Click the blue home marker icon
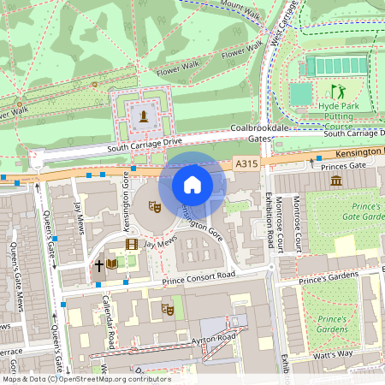click(192, 185)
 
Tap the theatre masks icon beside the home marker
click(155, 206)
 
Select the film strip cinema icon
click(131, 244)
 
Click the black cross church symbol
click(98, 265)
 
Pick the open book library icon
click(112, 265)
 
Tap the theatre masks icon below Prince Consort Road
click(168, 309)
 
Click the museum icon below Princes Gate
click(335, 181)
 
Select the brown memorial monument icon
click(145, 115)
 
